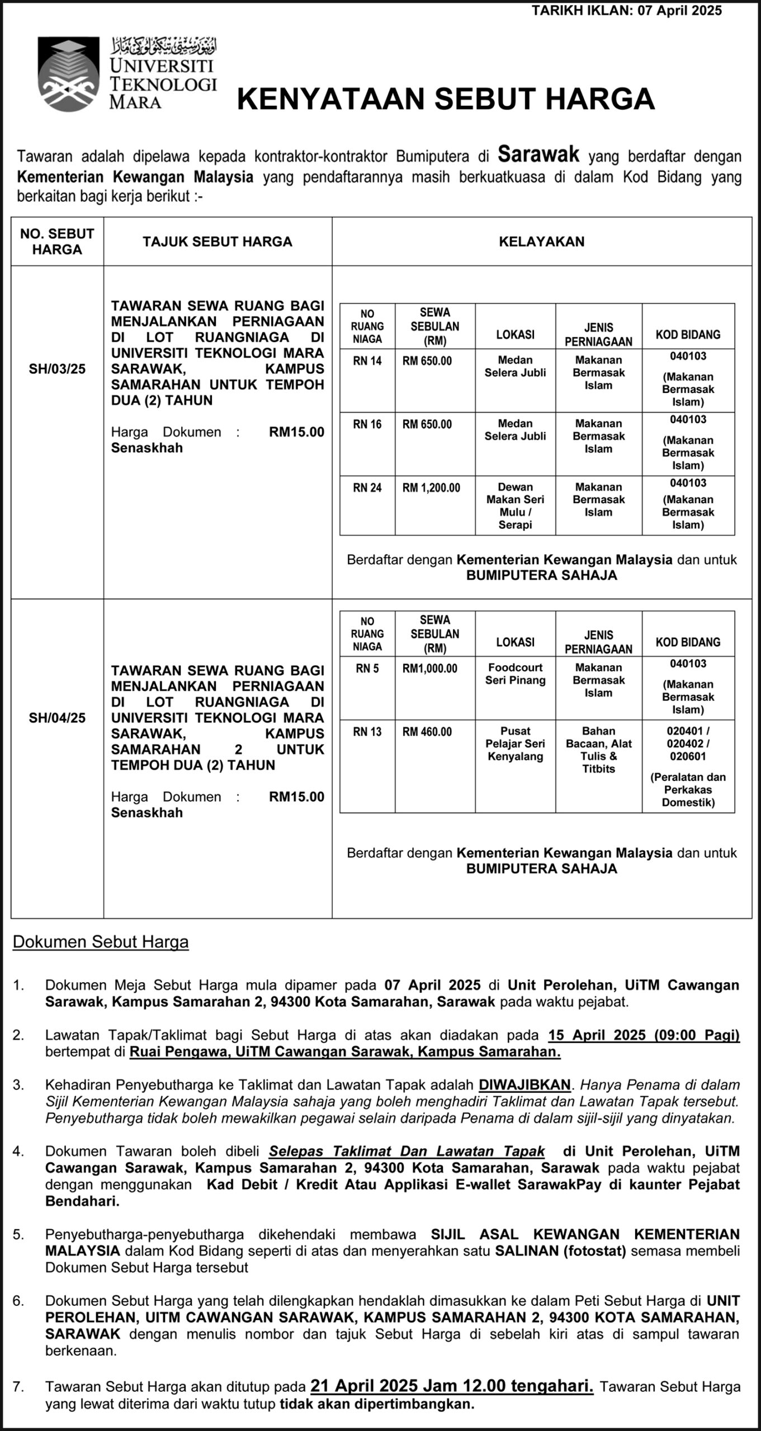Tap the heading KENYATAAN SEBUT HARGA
[446, 99]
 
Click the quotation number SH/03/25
[57, 369]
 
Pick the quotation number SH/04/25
[57, 718]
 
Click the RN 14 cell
[367, 361]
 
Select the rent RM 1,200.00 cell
[431, 488]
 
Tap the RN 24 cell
[367, 488]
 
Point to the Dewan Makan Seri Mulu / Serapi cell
[515, 505]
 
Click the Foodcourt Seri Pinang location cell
[515, 674]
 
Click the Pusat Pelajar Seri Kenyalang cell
[515, 743]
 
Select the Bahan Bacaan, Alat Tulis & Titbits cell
[598, 750]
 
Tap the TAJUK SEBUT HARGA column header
[218, 241]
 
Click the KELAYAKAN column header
[541, 241]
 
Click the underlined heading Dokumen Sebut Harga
[101, 942]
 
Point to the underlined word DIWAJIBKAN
[524, 1085]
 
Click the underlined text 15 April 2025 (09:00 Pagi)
[644, 1035]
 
